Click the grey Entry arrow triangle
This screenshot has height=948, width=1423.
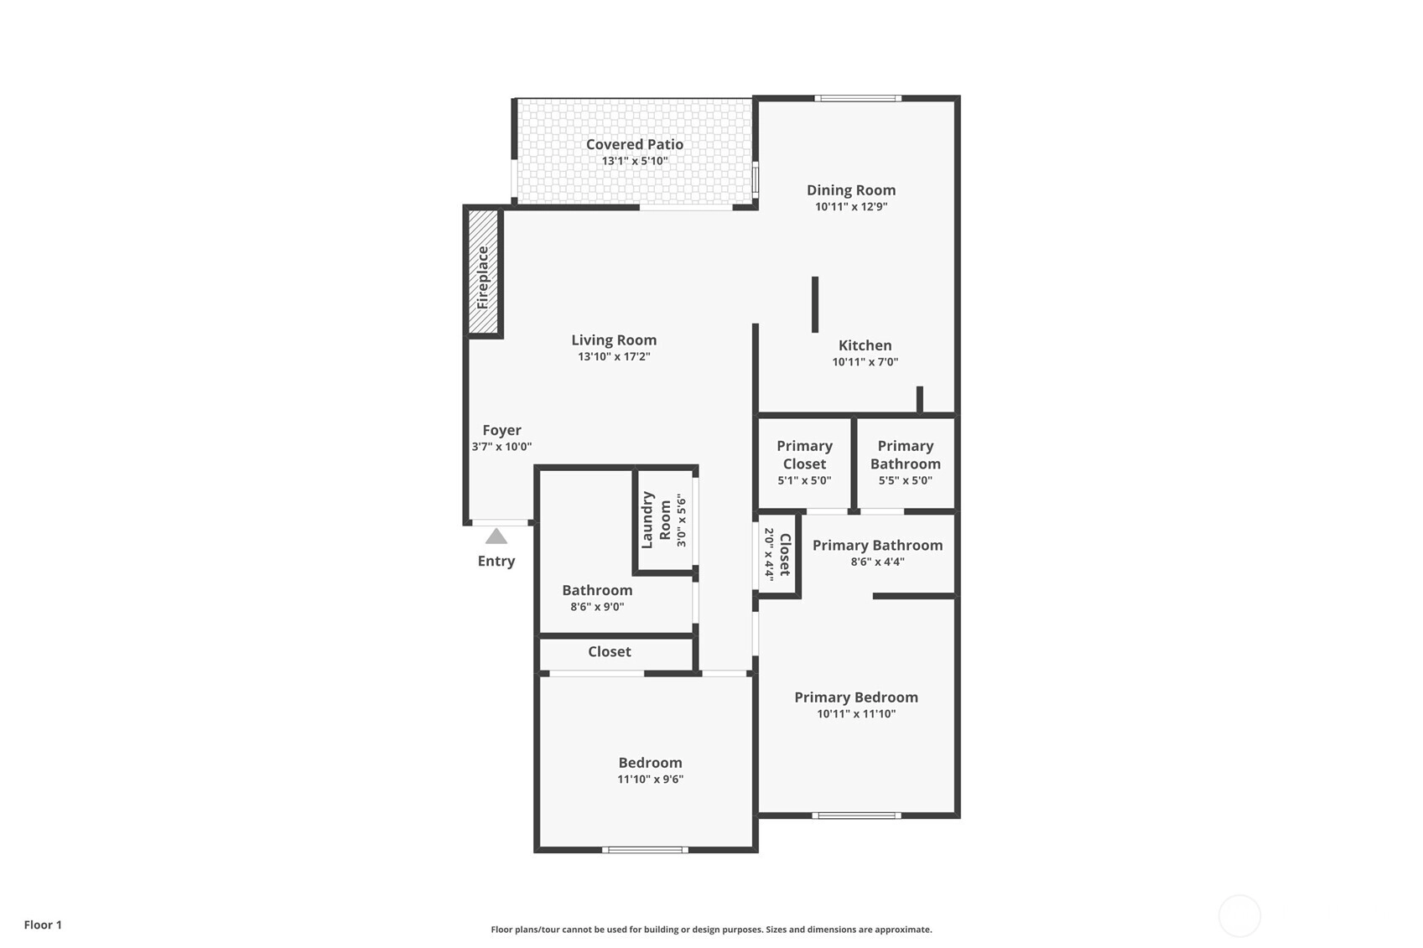[496, 536]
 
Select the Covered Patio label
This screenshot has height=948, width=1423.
[635, 144]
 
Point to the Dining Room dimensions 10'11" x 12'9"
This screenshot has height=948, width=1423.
[851, 206]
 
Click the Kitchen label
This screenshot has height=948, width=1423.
[865, 345]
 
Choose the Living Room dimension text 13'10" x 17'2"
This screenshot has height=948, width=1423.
[614, 356]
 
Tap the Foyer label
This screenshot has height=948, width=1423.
[501, 431]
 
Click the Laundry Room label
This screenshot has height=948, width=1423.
[656, 520]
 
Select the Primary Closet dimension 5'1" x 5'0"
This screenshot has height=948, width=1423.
[804, 480]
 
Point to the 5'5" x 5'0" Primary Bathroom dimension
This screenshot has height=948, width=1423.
[906, 480]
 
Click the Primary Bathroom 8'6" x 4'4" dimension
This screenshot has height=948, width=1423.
[877, 562]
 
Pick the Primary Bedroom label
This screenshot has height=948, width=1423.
[855, 697]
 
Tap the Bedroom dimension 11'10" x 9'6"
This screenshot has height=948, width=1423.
[650, 779]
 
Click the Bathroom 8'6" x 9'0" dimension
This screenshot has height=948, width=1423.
[597, 606]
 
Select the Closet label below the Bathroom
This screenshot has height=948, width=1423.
[610, 651]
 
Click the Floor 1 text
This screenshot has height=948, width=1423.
[44, 925]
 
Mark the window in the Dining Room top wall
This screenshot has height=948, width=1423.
[858, 98]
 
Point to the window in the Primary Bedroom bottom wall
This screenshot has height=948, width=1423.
[856, 816]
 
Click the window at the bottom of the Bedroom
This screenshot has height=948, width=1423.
[645, 850]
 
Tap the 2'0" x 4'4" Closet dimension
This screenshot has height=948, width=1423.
[769, 554]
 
